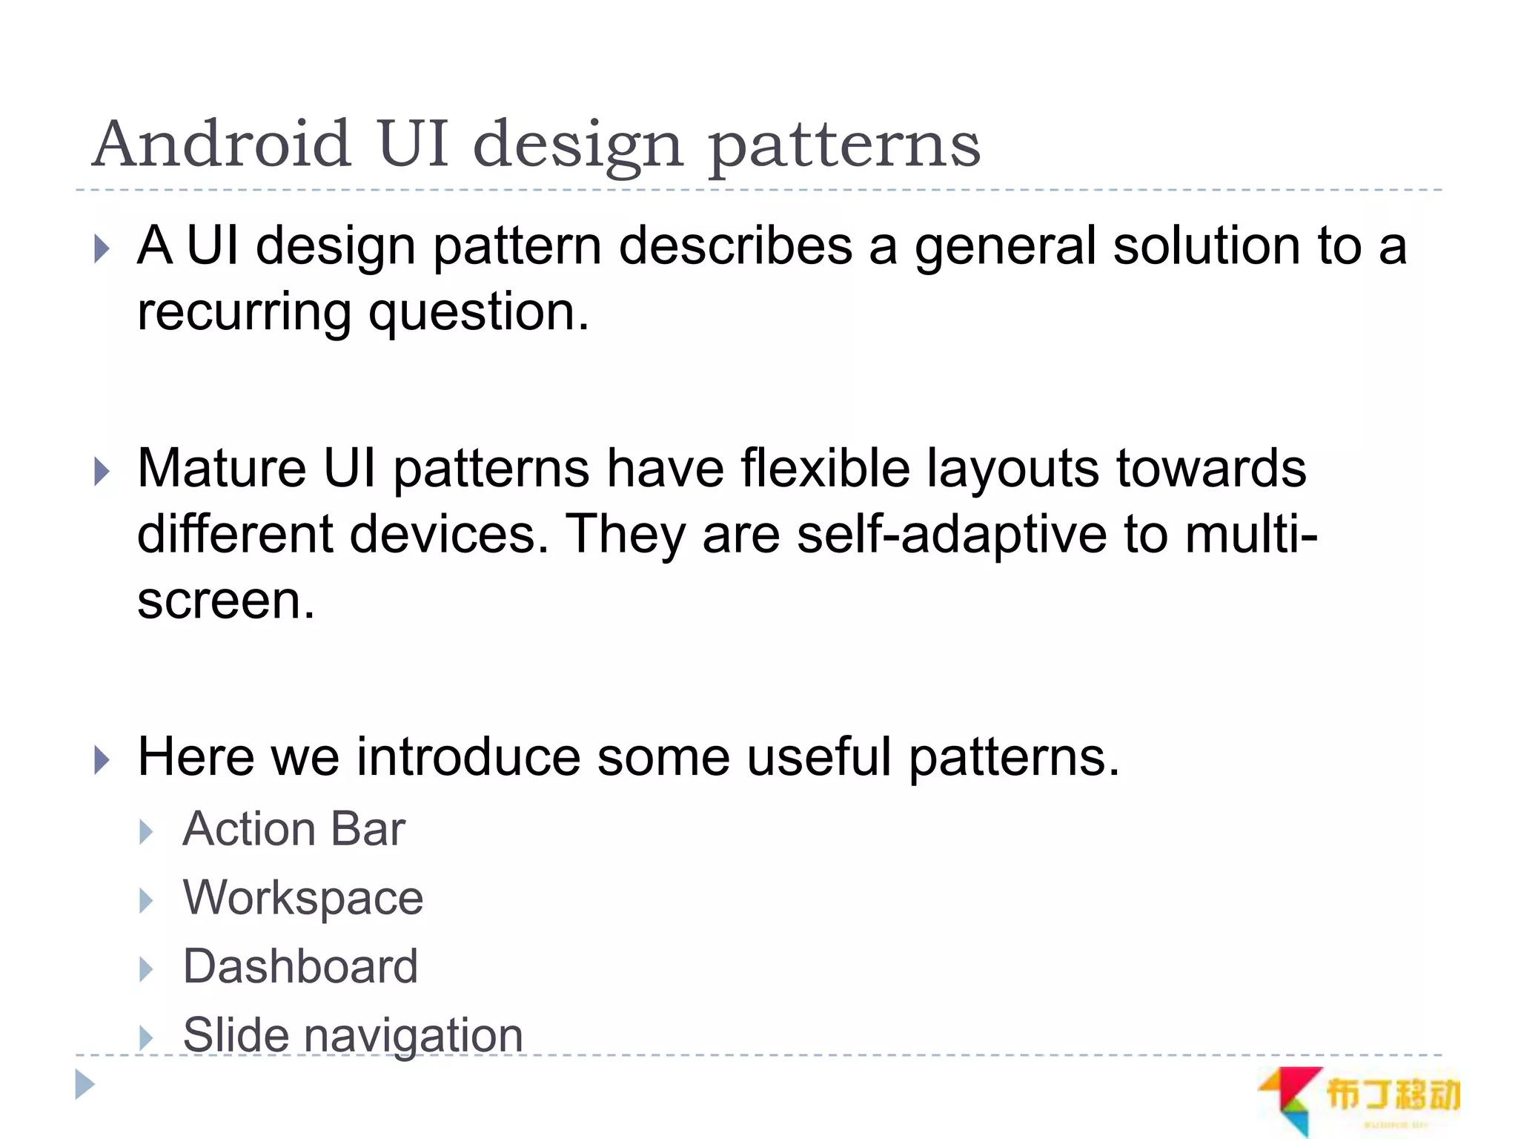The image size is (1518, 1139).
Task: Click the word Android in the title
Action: coord(221,144)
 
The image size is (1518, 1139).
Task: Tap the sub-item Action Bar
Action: coord(294,828)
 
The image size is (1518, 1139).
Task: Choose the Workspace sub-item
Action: coord(302,897)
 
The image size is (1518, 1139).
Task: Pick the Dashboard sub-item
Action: coord(300,966)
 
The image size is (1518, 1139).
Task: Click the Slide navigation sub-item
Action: coord(353,1034)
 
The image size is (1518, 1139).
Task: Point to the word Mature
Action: coord(222,469)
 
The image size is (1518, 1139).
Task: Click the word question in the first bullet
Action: coord(478,313)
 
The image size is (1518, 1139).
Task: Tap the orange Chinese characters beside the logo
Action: coord(1392,1095)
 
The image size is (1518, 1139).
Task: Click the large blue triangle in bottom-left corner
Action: coord(84,1085)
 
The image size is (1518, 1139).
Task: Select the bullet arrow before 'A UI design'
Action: coord(102,249)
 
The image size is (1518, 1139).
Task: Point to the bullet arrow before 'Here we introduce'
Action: coord(102,761)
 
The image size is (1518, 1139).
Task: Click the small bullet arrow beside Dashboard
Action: coord(146,969)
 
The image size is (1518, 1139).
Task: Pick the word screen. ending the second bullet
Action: coord(225,601)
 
